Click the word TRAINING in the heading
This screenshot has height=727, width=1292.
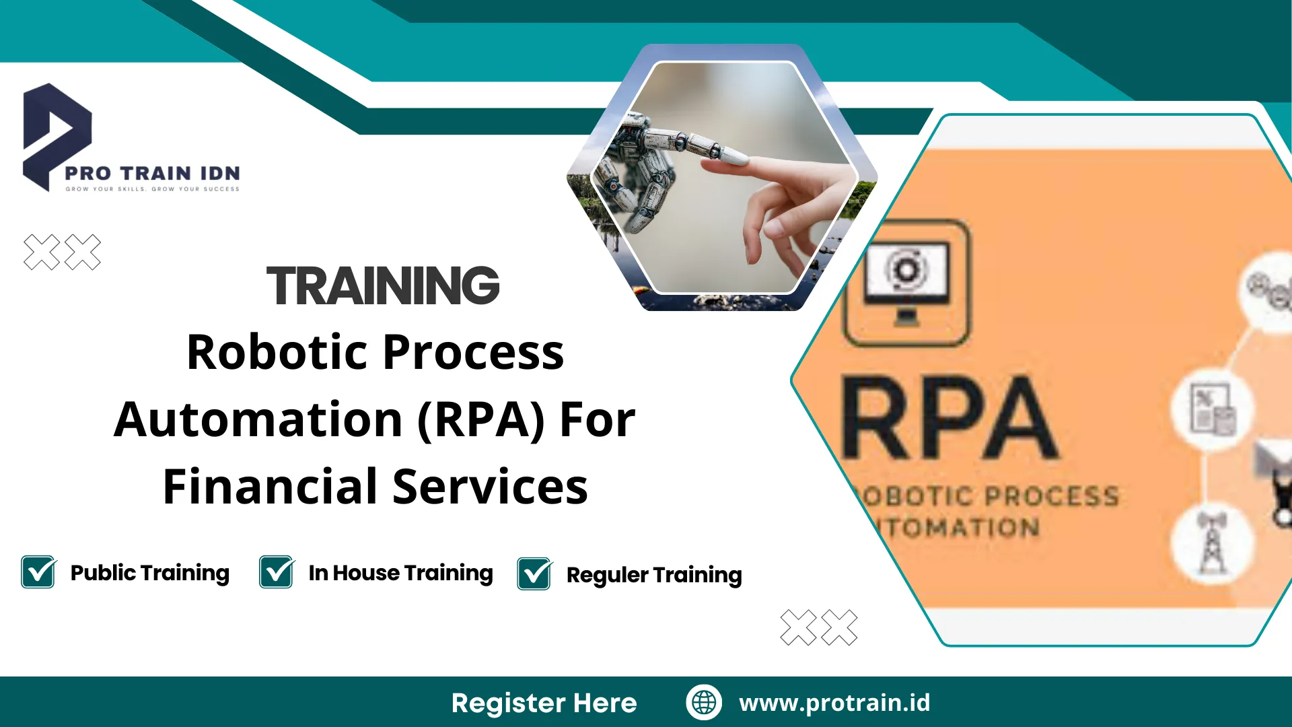coord(383,285)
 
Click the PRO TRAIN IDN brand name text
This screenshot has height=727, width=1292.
coord(152,173)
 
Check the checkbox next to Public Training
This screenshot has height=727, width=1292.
coord(38,572)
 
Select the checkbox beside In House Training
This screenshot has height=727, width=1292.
coord(277,572)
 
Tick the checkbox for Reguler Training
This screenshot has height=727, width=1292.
coord(534,574)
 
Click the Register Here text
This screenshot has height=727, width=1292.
coord(544,703)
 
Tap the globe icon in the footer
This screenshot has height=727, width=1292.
coord(704,702)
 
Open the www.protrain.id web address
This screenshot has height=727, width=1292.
coord(834,703)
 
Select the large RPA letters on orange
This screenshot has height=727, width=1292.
coord(949,419)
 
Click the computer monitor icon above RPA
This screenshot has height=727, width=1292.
coord(906,283)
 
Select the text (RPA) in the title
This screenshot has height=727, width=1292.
coord(480,419)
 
